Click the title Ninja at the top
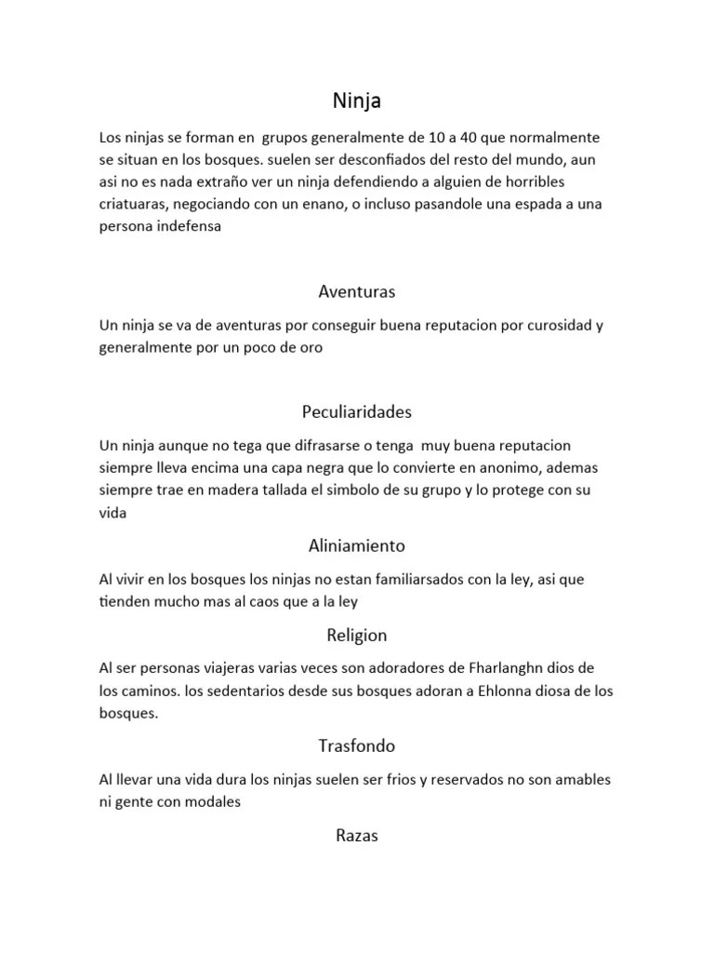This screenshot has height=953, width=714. (x=357, y=99)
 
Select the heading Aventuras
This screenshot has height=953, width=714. (x=357, y=291)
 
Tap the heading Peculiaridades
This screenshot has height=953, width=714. (x=357, y=411)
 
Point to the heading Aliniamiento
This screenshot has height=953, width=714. (x=357, y=545)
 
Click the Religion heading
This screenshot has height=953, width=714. (x=357, y=636)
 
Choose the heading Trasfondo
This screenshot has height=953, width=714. (x=357, y=745)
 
